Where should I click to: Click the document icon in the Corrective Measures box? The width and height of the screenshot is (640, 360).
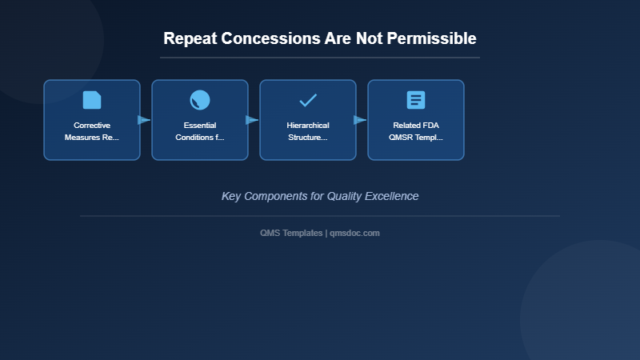click(92, 100)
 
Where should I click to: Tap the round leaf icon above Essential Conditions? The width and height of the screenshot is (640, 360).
click(200, 100)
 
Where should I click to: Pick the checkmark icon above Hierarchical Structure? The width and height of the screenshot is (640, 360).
click(308, 100)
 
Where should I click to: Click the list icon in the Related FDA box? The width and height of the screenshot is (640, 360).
click(416, 100)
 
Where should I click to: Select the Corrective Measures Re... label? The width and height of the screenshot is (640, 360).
click(92, 131)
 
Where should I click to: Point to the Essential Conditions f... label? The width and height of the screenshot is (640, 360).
click(200, 131)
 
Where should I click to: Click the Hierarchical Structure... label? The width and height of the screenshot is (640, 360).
click(308, 131)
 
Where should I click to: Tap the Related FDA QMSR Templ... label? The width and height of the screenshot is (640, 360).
click(416, 131)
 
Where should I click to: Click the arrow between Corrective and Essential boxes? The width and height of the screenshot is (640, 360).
click(144, 120)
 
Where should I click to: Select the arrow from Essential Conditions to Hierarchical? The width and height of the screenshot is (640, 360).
click(252, 120)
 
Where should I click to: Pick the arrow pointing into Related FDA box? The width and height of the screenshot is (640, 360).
click(360, 120)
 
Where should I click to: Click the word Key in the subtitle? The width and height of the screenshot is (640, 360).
click(230, 196)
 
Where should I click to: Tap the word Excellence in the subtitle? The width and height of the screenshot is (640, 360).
click(391, 196)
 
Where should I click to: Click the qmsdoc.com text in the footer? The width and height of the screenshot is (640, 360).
click(355, 233)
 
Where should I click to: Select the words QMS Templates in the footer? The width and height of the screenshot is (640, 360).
click(291, 233)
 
